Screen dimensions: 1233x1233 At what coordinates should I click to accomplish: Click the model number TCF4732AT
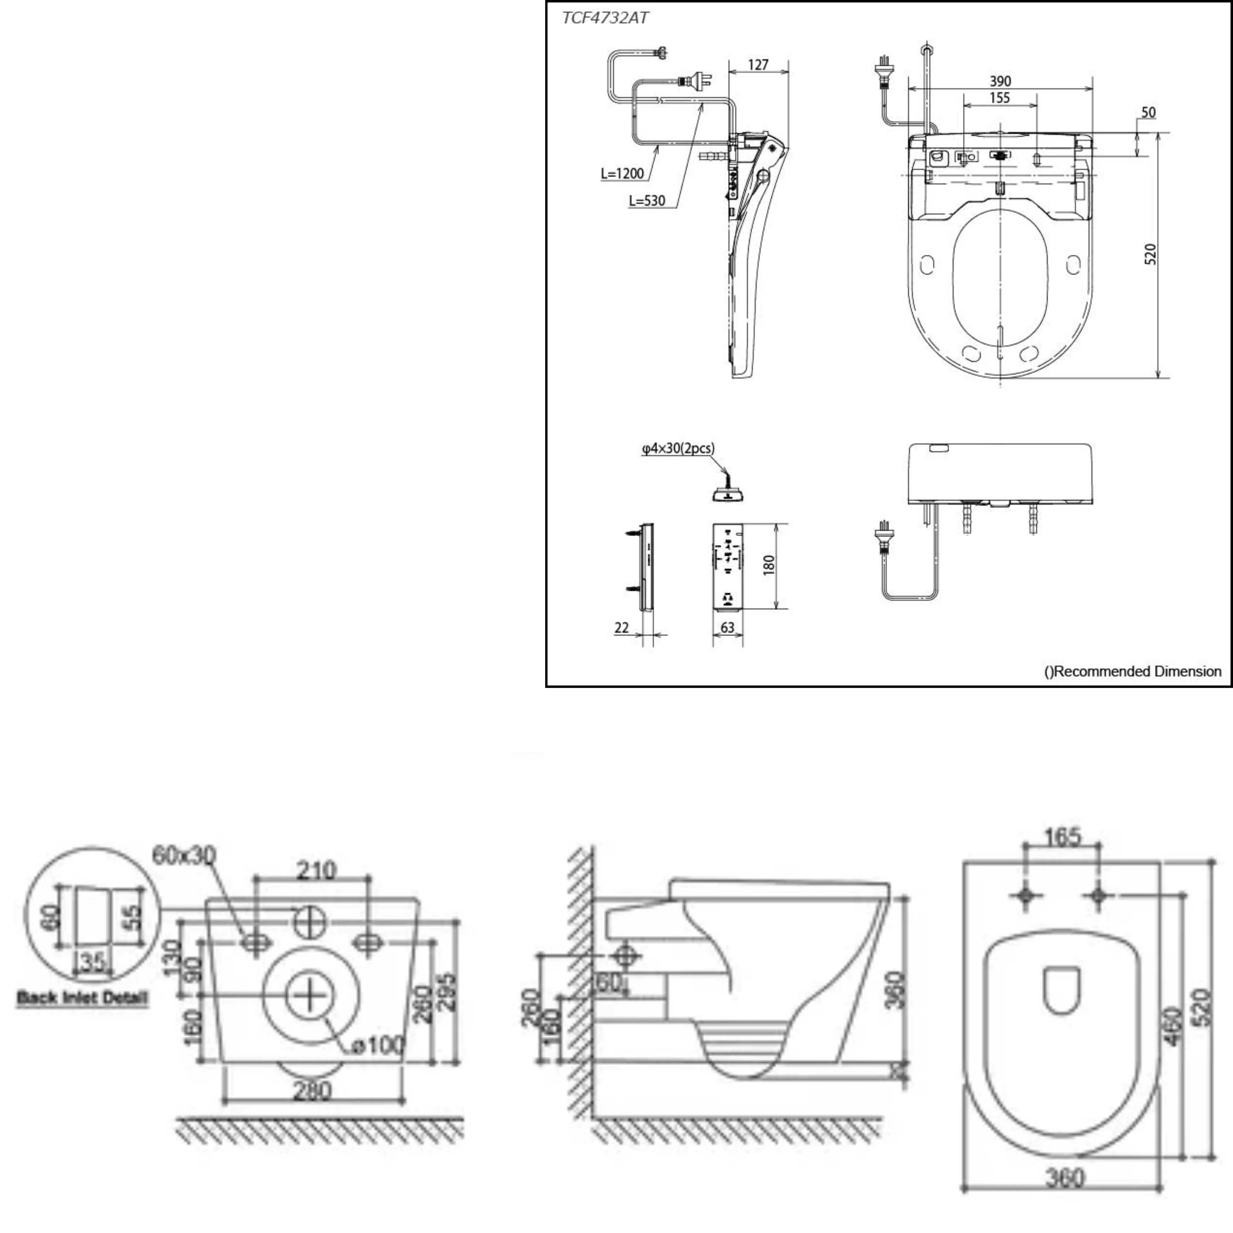[605, 18]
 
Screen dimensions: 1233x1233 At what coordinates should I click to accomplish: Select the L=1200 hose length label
[622, 173]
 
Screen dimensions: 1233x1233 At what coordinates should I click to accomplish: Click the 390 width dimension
[1000, 81]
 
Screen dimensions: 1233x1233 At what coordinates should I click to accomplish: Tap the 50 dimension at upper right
[1148, 112]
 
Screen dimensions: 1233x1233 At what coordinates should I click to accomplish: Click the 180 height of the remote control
[768, 565]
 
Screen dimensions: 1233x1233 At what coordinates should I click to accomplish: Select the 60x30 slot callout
[184, 855]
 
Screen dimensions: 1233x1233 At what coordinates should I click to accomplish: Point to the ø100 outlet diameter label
[379, 1045]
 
